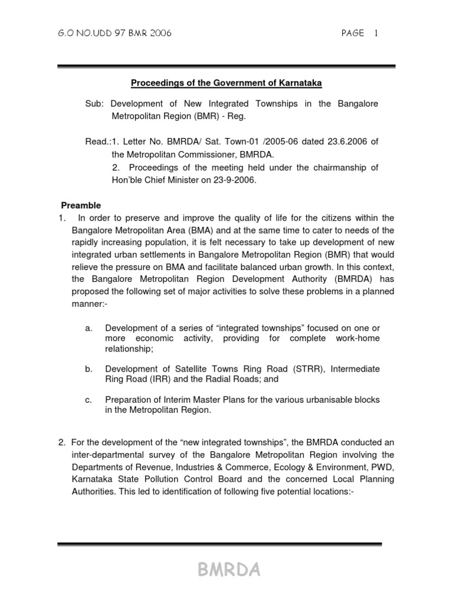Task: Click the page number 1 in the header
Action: click(375, 34)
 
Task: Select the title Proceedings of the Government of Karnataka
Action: click(230, 84)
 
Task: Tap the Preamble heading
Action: click(81, 205)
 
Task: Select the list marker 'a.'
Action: click(89, 328)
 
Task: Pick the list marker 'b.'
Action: click(89, 369)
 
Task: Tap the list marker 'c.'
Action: click(89, 399)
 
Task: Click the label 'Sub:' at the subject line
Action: click(94, 104)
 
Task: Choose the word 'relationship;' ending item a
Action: click(129, 349)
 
